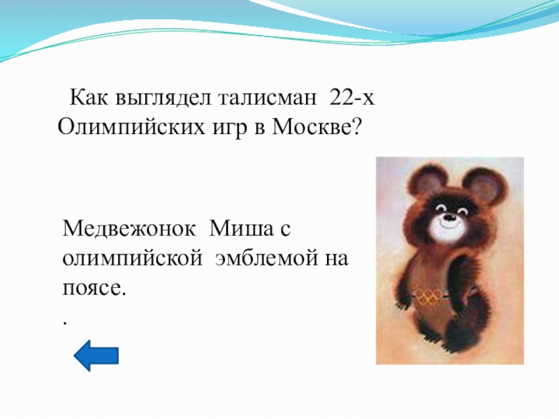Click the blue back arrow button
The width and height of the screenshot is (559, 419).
pos(96,356)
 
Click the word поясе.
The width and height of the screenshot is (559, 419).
pos(94,288)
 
